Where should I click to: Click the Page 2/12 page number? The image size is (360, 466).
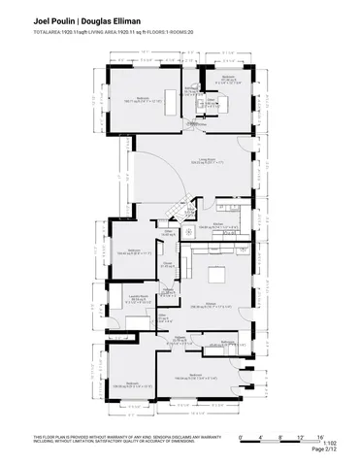click(324, 450)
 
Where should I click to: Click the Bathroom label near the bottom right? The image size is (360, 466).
click(227, 342)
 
